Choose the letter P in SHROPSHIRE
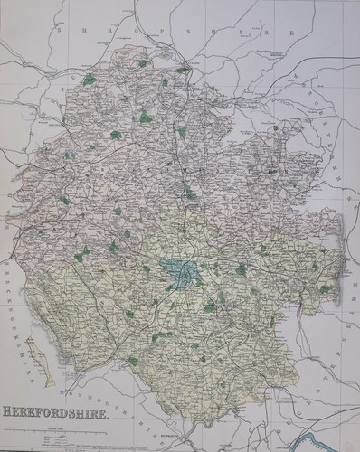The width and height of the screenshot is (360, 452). [126, 33]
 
